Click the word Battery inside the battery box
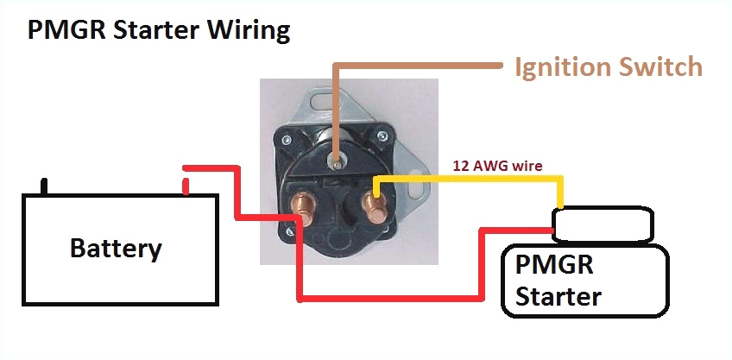pyautogui.click(x=116, y=249)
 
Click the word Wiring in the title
pyautogui.click(x=249, y=31)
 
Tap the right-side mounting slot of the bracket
pyautogui.click(x=420, y=189)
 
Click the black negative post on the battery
pyautogui.click(x=44, y=185)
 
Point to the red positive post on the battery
pyautogui.click(x=186, y=185)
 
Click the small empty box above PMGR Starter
pyautogui.click(x=603, y=224)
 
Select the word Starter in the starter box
pyautogui.click(x=557, y=296)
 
